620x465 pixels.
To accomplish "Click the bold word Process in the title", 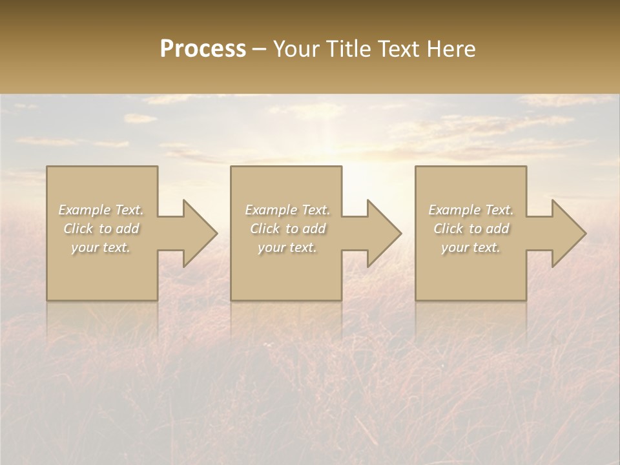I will (203, 48).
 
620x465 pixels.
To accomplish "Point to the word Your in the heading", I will (296, 48).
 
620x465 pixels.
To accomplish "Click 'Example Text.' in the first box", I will (101, 210).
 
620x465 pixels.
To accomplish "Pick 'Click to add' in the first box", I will (101, 229).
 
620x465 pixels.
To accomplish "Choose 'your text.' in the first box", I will (101, 247).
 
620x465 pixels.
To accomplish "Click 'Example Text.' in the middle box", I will (287, 210).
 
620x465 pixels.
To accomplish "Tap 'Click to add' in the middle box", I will (287, 229).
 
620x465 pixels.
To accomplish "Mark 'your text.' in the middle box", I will (287, 247).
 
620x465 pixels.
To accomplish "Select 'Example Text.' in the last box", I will (471, 210).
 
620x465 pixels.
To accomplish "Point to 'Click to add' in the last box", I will (471, 229).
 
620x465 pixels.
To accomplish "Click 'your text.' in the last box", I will (471, 247).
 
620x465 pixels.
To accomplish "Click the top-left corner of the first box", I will (47, 167).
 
